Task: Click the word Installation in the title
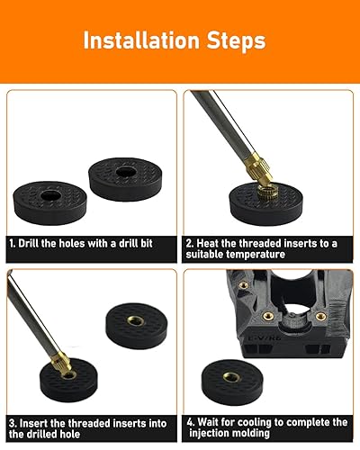pos(141,40)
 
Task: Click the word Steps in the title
pos(237,40)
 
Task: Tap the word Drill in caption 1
pos(29,243)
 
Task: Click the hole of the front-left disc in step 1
pos(50,195)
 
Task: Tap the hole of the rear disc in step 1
pos(125,172)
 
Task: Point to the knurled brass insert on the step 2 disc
pos(266,192)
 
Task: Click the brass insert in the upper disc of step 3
pos(136,320)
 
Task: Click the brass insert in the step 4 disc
pos(232,377)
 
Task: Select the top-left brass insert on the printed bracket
pos(244,283)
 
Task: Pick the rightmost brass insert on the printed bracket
pos(321,316)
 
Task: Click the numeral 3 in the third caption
pos(12,424)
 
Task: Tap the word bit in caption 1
pos(147,243)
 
